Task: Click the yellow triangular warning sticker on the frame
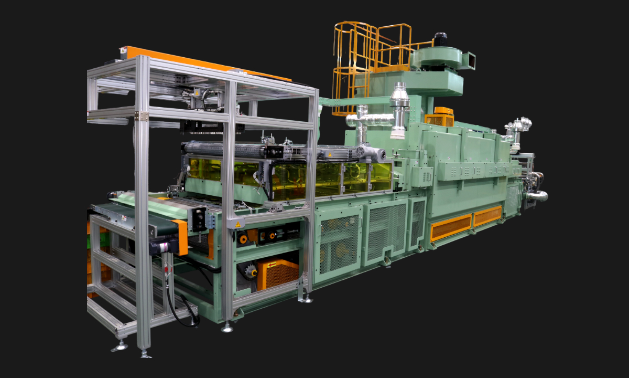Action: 237,225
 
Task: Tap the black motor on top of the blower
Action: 440,39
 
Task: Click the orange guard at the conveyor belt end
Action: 180,237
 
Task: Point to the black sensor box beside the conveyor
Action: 198,218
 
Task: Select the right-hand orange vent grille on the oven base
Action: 487,216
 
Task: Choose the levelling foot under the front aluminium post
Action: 144,354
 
